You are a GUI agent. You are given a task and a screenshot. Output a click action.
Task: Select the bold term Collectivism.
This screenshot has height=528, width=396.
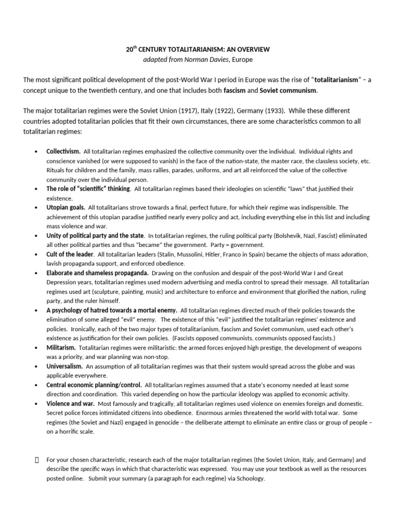click(63, 152)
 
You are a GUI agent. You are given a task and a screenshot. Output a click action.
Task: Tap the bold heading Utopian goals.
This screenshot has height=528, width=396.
click(66, 207)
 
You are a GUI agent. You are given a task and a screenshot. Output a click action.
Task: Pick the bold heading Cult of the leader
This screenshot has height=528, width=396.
click(70, 254)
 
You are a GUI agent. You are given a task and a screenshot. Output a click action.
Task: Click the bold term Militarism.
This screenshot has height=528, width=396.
click(61, 348)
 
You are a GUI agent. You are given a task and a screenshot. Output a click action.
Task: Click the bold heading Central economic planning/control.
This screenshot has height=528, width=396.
click(94, 385)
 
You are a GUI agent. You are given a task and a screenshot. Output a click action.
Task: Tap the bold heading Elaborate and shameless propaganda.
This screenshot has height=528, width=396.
click(97, 273)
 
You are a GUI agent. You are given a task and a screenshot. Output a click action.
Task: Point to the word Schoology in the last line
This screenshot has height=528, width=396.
click(251, 478)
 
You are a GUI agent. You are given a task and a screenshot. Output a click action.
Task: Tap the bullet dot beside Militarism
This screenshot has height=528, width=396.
click(36, 348)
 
